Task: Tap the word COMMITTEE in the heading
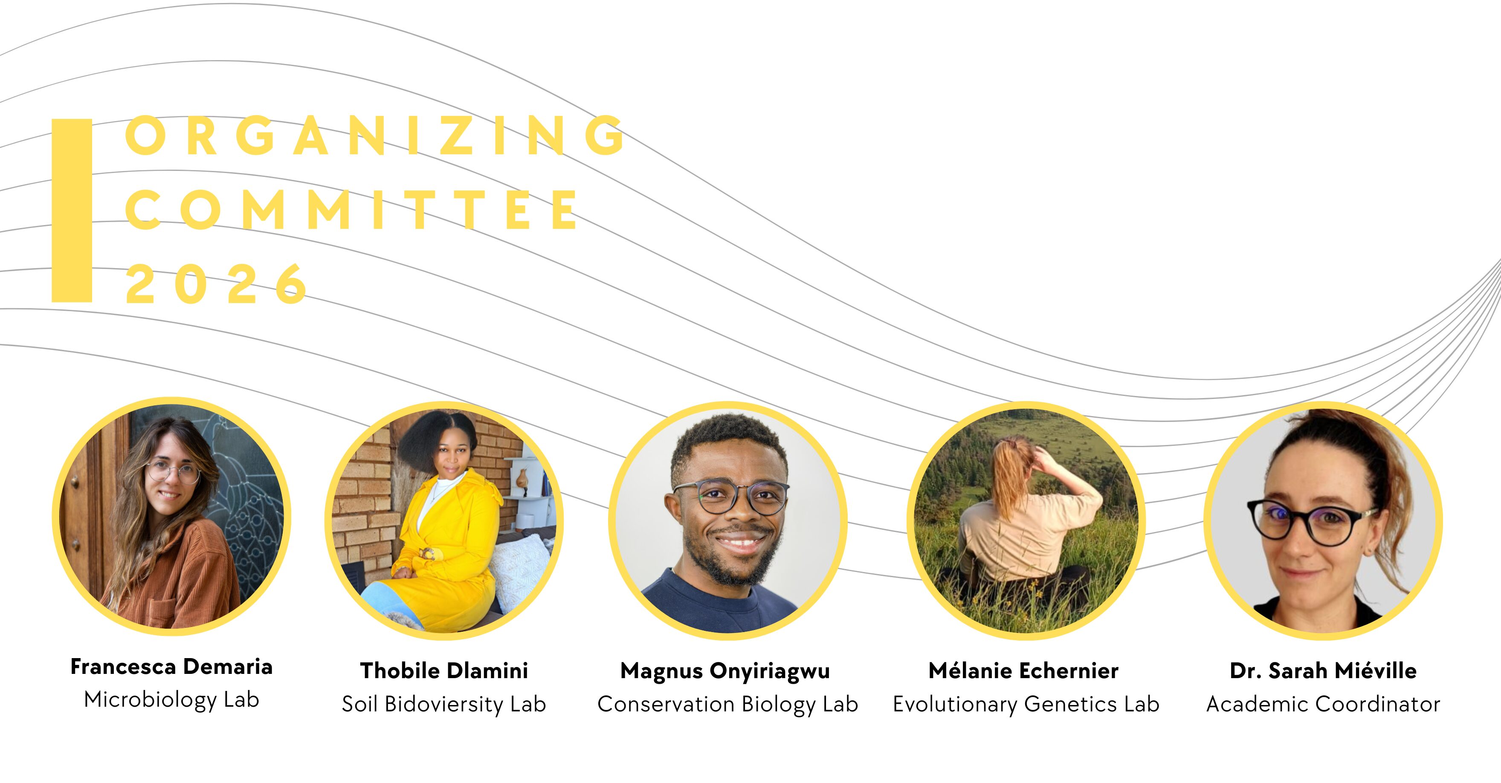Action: [x=352, y=209]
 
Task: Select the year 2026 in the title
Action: [x=216, y=284]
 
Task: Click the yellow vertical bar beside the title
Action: [x=72, y=210]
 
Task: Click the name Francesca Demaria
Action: [x=171, y=667]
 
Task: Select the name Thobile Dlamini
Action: [x=444, y=670]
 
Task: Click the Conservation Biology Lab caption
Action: [x=728, y=704]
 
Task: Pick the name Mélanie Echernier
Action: [x=1023, y=670]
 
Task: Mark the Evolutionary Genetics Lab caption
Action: [x=1026, y=704]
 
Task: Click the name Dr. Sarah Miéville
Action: [x=1323, y=670]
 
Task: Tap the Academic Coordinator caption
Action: [x=1323, y=704]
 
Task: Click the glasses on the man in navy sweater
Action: [x=731, y=497]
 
